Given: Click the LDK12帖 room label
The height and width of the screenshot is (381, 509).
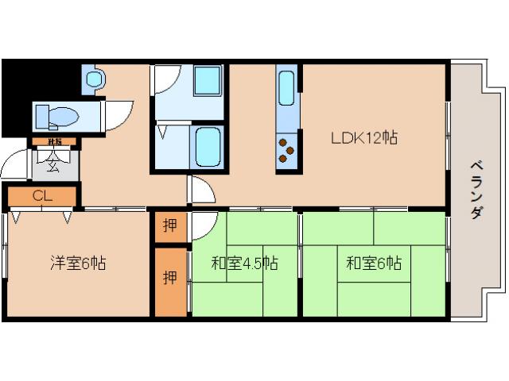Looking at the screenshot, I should point(364,137).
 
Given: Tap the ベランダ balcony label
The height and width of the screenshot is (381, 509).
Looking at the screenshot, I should point(476,190).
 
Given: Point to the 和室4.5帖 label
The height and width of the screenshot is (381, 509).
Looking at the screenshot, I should point(244,263).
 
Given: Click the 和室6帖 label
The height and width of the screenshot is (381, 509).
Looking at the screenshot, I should point(373,263).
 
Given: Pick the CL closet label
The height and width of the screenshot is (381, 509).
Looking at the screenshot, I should point(42,196).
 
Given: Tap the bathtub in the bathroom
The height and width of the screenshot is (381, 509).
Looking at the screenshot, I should point(210,148).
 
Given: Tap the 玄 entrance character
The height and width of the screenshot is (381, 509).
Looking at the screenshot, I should point(52,165).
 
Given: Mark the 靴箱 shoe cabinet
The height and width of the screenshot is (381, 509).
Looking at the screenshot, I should point(54,143).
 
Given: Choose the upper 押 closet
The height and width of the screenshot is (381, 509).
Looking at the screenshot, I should point(170,225).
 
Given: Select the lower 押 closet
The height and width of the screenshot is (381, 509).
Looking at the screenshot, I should point(170,279).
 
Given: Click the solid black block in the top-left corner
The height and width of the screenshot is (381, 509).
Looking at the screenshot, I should point(16,95).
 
